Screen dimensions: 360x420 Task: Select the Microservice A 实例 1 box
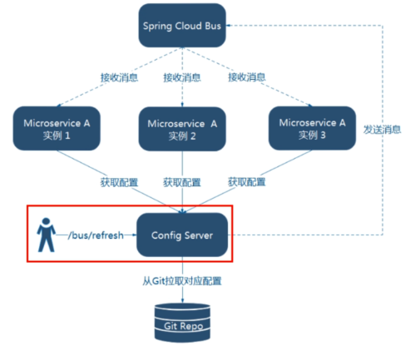pos(53,127)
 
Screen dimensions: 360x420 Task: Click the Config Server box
pos(180,235)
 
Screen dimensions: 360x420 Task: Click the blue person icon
pos(44,235)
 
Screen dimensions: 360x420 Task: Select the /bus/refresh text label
pos(94,235)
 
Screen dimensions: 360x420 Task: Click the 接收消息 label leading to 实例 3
pos(248,77)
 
